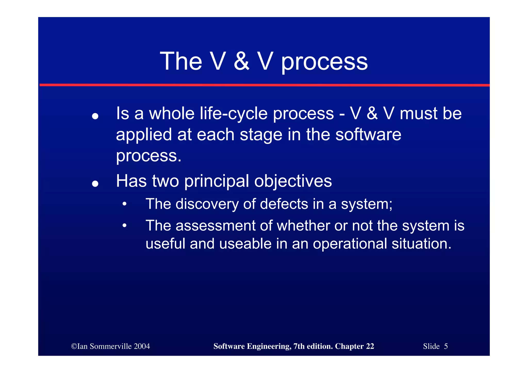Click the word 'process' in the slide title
coord(324,62)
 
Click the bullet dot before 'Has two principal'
coord(95,184)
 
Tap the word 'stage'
coord(261,135)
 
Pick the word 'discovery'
coord(207,204)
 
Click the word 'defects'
coord(284,204)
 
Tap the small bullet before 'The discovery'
coord(125,204)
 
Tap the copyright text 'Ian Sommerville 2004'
coord(113,346)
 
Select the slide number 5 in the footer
coord(446,346)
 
